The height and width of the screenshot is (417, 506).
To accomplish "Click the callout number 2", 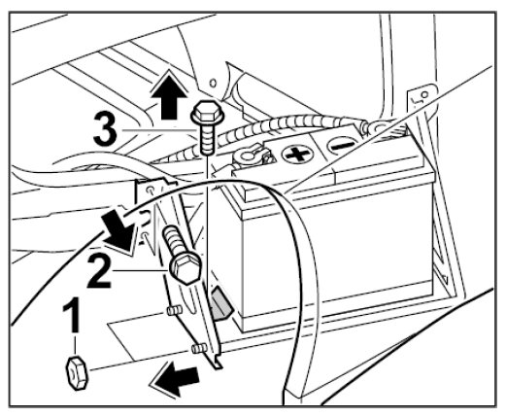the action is [100, 271].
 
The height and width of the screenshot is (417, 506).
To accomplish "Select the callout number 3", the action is [105, 129].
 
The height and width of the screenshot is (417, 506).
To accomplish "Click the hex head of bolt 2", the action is [185, 267].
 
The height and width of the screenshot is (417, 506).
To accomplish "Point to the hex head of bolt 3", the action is [207, 112].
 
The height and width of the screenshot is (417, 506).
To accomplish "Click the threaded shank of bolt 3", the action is [207, 139].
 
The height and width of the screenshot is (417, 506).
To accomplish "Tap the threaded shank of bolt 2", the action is [174, 240].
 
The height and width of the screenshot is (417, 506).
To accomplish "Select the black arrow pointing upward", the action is [169, 95].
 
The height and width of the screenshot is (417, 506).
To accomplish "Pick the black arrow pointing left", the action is [175, 379].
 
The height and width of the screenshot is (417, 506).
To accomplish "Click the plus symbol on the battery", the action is [298, 154].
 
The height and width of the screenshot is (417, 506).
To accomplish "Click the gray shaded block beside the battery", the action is [221, 302].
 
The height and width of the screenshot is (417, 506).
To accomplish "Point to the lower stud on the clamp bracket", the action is [199, 349].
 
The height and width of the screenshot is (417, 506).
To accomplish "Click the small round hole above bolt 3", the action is [213, 83].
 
